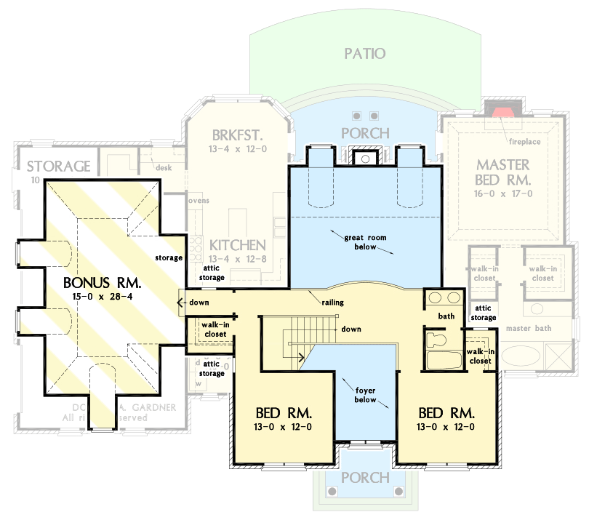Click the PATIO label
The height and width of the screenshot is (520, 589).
pos(364,54)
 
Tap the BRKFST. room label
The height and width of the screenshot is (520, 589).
pos(238,135)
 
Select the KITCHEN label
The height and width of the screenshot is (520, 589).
pos(237,246)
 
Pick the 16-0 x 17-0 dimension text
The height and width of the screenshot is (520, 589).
pos(503,193)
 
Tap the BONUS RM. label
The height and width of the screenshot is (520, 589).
pos(101,282)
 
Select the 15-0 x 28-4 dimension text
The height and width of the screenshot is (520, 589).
pos(101,297)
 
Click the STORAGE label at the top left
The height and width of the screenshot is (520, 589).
pos(59,167)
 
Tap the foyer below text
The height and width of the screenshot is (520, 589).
pos(365,394)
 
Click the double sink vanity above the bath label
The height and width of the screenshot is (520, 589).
pos(444,297)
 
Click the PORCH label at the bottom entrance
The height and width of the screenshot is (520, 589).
pos(365,478)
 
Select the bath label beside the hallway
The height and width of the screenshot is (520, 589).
pos(446,316)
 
